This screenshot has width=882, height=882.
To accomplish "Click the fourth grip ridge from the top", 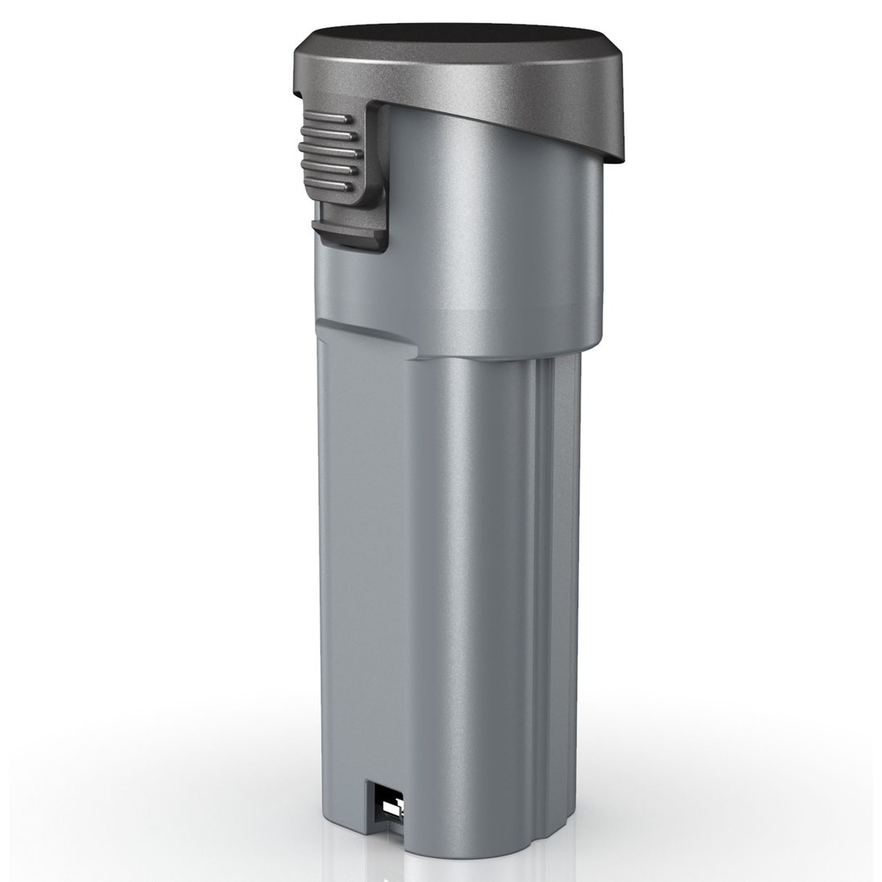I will coord(333,172).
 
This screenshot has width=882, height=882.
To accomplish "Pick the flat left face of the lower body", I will coord(360,572).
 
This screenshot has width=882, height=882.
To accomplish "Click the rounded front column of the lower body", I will coord(474,572).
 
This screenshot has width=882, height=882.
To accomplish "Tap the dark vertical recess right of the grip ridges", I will coord(372,163).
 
